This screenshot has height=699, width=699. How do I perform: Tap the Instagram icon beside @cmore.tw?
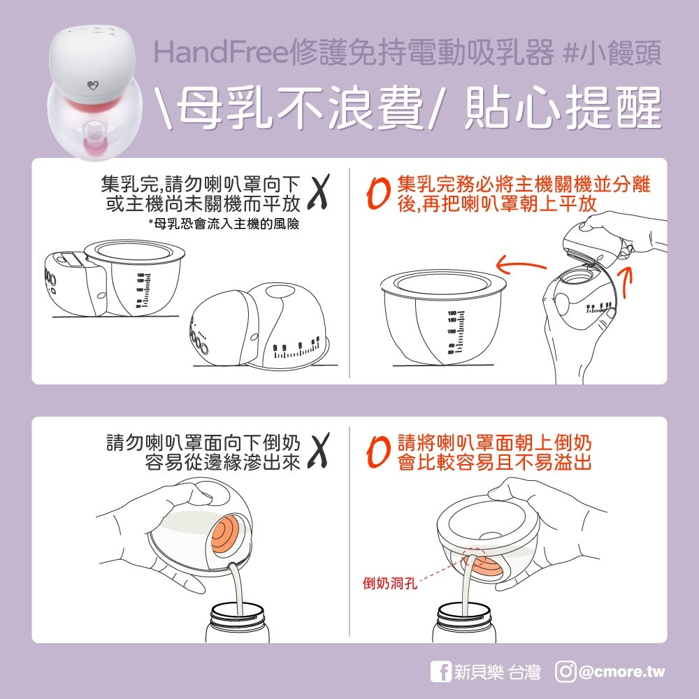[x=565, y=672]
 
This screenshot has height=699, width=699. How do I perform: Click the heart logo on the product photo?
[x=93, y=85]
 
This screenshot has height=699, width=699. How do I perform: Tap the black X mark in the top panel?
[x=319, y=194]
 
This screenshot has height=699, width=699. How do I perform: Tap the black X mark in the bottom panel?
[x=319, y=452]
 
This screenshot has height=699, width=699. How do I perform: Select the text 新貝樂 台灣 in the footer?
[x=497, y=672]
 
